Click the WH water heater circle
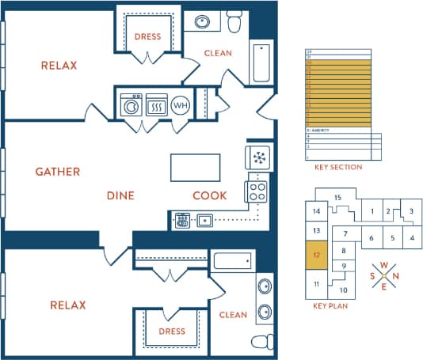pos(181,104)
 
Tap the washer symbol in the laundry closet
pos(131,104)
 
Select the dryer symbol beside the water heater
pos(156,104)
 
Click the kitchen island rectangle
pos(195,167)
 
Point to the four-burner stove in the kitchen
pos(257,191)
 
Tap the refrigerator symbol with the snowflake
pos(258,157)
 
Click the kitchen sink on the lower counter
pos(204,221)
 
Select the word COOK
pos(210,195)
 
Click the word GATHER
pos(57,171)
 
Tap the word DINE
pos(120,195)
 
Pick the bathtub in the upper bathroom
pos(261,63)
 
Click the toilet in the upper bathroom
pos(234,23)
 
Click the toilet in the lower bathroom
pos(259,343)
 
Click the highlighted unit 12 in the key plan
pos(316,256)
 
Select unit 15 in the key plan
pos(337,198)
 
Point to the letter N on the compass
pos(397,276)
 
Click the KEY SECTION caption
pos(338,167)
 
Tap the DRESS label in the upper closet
pos(147,36)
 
